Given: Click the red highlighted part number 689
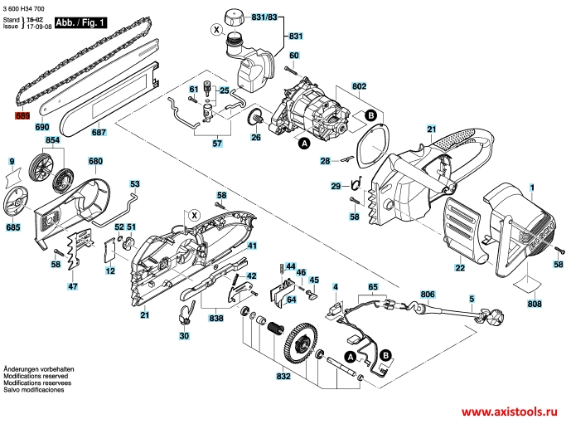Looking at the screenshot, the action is tap(22, 116).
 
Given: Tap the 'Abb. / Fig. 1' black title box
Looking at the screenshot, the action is tap(80, 22).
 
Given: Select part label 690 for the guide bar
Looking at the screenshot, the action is tap(42, 127).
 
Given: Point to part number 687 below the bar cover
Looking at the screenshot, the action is tap(99, 132).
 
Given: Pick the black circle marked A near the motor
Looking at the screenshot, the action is tap(304, 144).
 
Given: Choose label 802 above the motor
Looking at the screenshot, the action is tap(359, 86).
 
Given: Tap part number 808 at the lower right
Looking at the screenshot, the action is tap(535, 303).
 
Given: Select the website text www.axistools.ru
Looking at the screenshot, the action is tap(509, 412).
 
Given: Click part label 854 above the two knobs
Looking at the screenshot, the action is tap(52, 140).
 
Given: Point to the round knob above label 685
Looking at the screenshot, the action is tap(17, 202).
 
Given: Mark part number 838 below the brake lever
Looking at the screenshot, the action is tap(216, 318).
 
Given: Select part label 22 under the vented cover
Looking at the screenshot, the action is tap(460, 267).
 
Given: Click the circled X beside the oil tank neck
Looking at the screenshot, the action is tap(217, 30).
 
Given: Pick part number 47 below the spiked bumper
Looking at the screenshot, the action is tap(73, 286).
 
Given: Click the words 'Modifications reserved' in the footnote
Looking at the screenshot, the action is tap(36, 376).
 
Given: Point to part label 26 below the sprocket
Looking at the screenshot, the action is tap(256, 137).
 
